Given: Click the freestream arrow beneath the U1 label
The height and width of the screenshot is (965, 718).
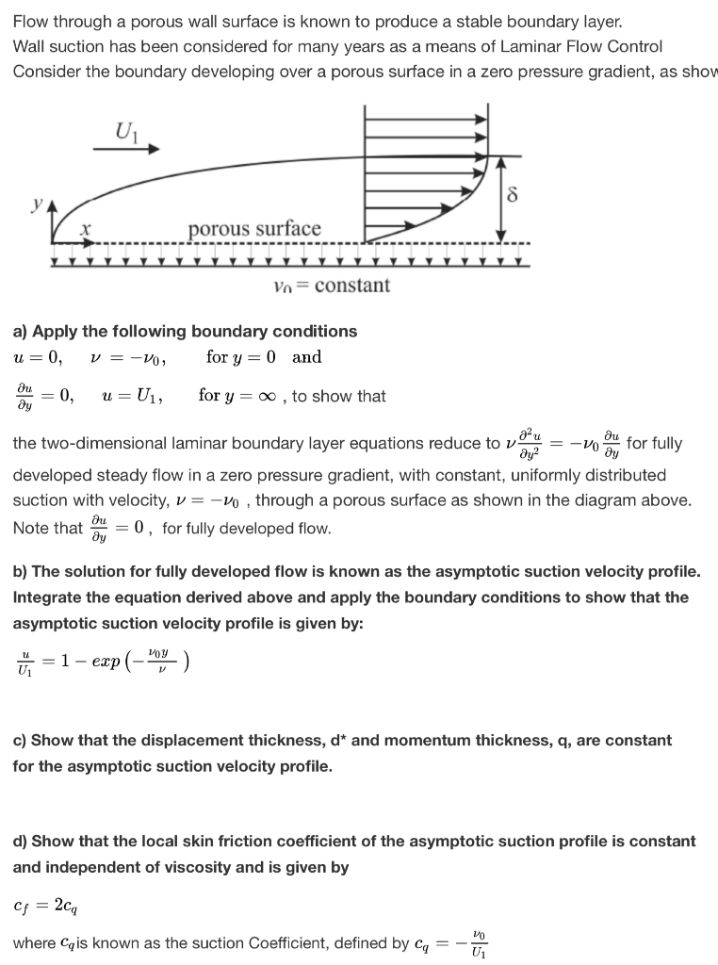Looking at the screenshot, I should [x=127, y=148].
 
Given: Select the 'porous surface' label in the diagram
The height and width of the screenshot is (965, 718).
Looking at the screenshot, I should [x=254, y=229].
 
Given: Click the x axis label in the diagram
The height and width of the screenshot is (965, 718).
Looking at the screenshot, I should [x=85, y=228].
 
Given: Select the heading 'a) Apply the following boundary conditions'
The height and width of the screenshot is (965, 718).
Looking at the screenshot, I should [x=185, y=331].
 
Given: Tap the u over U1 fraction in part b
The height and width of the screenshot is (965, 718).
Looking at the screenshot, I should [x=23, y=662].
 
